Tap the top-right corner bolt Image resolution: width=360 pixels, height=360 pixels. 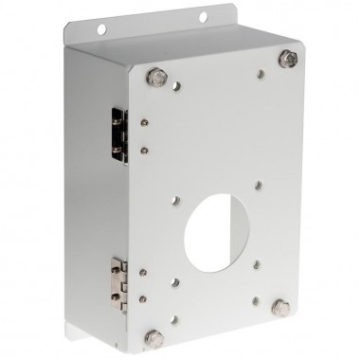[x=286, y=59]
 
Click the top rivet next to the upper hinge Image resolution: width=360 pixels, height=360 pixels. [x=142, y=122]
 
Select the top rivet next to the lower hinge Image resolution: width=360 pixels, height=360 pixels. [x=143, y=271]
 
